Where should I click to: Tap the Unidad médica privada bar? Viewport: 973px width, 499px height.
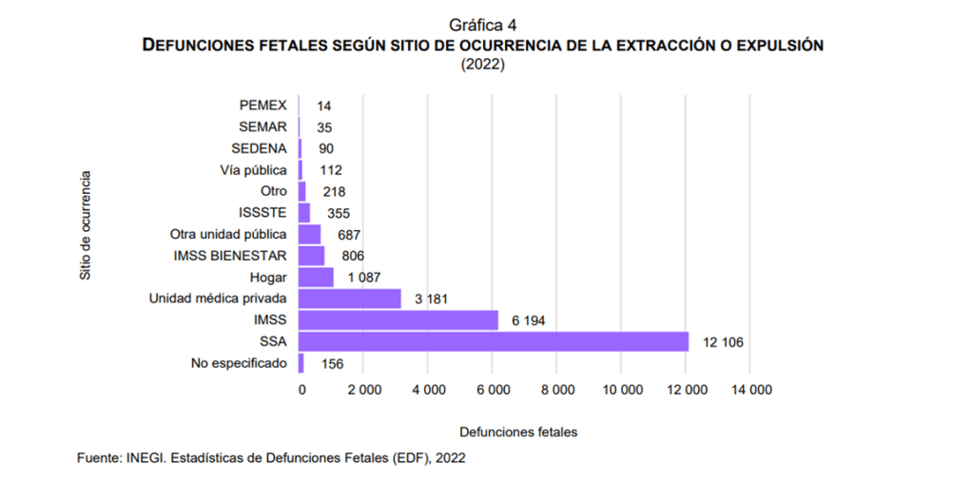pos(349,298)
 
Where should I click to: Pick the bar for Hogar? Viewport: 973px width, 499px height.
pos(316,277)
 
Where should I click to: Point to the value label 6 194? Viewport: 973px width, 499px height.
pos(528,320)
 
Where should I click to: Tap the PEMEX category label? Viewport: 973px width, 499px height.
pos(263,105)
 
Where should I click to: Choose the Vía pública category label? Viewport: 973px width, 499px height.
pos(252,170)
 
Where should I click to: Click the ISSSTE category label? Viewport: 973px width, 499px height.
pos(263,212)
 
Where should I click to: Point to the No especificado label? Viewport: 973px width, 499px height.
pos(239,363)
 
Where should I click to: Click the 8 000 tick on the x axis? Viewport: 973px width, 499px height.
pos(558,390)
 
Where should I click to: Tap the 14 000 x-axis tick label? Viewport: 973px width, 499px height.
pos(751,390)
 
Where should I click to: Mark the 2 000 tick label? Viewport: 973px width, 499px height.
pos(363,390)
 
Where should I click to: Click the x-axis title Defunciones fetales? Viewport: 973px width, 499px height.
pos(517,432)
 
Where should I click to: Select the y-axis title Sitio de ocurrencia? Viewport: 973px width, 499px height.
pos(86,225)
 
